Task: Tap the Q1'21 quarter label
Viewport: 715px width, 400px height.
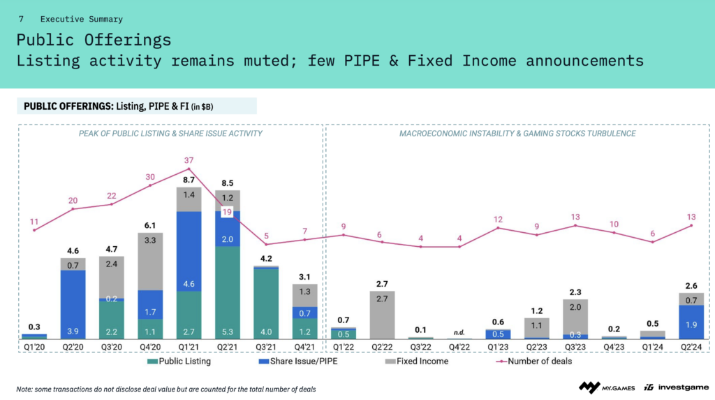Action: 189,346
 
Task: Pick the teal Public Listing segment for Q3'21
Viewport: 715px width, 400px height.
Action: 266,303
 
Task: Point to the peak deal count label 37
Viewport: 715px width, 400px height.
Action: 189,161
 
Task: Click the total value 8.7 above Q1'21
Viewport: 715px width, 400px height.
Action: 189,180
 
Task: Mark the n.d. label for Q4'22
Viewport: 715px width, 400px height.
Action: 459,332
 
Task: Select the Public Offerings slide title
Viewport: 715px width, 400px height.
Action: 94,39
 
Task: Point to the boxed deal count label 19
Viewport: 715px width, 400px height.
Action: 227,212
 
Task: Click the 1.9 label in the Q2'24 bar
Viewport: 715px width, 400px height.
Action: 692,324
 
